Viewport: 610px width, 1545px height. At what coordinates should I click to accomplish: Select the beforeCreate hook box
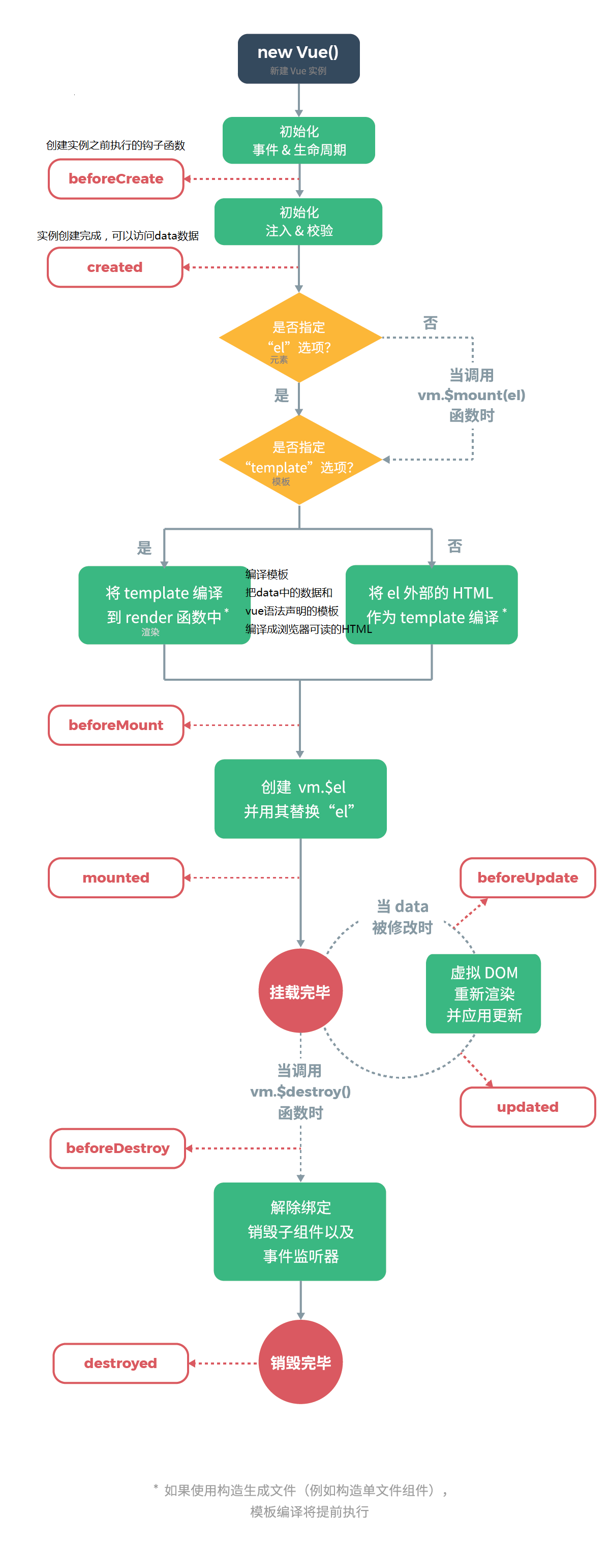[116, 179]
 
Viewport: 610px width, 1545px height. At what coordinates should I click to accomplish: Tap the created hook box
[114, 267]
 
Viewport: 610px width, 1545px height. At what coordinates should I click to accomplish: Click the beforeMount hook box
[116, 725]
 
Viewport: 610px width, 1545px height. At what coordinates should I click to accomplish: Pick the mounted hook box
[116, 877]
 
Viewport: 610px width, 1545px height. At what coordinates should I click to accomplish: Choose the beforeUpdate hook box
[527, 877]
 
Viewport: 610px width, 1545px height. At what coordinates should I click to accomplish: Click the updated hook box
[527, 1107]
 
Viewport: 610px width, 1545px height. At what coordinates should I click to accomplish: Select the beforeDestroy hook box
[117, 1148]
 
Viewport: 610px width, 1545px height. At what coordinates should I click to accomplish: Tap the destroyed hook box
[120, 1364]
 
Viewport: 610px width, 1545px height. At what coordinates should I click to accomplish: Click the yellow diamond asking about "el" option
[300, 338]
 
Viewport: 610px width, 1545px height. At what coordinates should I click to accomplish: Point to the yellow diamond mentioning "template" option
[300, 460]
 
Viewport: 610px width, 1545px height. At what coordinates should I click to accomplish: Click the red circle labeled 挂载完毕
[300, 991]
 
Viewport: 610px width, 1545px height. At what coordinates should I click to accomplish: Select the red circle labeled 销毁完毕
[300, 1362]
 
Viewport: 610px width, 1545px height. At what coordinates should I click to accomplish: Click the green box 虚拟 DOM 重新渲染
[483, 993]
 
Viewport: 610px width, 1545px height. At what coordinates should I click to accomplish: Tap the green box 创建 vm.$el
[300, 799]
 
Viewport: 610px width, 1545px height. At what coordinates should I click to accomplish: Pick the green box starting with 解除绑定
[299, 1231]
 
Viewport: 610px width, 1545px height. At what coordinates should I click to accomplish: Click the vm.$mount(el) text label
[471, 395]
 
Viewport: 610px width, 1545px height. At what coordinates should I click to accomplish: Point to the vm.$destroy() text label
[300, 1092]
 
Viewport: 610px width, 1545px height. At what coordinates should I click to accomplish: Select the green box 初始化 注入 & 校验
[298, 221]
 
